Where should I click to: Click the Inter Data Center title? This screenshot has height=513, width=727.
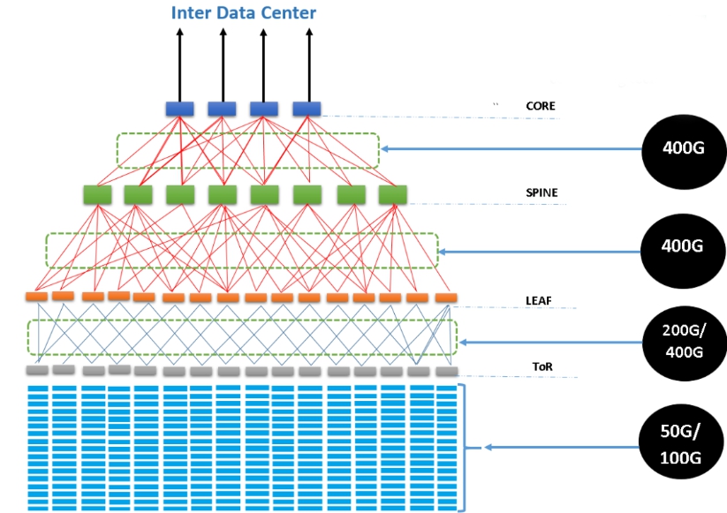tap(243, 12)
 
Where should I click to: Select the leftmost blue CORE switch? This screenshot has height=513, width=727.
tap(179, 109)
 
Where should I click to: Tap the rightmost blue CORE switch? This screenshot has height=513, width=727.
tap(307, 109)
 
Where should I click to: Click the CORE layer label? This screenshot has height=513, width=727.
tap(540, 106)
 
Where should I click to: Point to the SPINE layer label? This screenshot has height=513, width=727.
tap(541, 192)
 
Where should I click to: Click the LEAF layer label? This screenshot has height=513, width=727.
tap(538, 301)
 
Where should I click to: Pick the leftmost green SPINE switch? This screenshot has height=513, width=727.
tap(95, 194)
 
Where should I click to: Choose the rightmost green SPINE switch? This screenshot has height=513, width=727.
tap(392, 194)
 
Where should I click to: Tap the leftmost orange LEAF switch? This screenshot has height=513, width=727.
tap(36, 297)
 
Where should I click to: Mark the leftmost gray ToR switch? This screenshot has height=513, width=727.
tap(36, 370)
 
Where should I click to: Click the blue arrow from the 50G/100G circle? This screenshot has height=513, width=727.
tap(557, 448)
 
